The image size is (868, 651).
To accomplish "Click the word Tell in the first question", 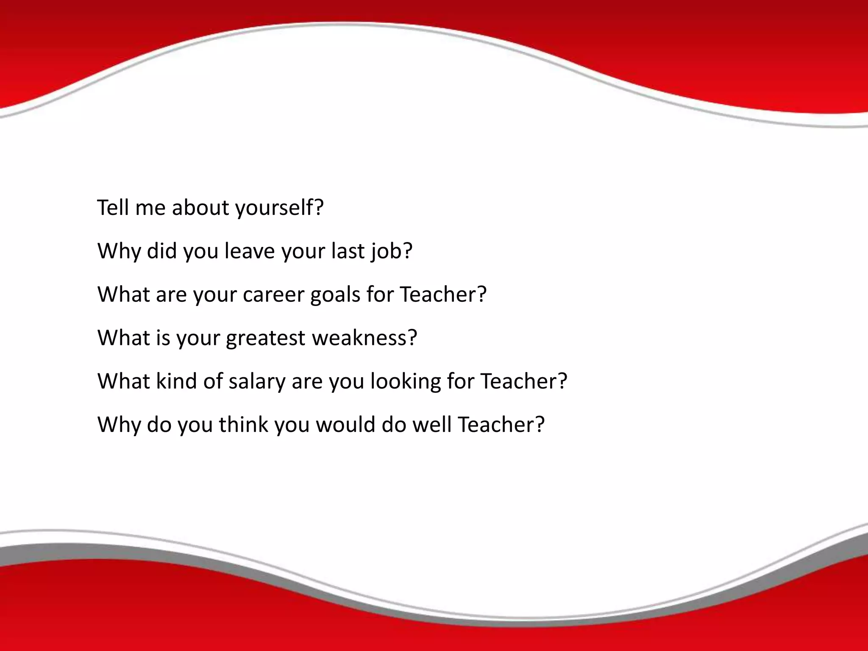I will coord(113,208).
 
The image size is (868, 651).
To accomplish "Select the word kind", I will coord(176,381).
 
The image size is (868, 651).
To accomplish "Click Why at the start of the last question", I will coord(119,424).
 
